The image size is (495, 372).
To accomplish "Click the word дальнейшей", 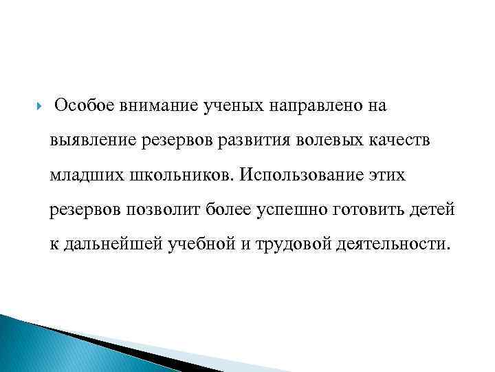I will (x=113, y=245).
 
